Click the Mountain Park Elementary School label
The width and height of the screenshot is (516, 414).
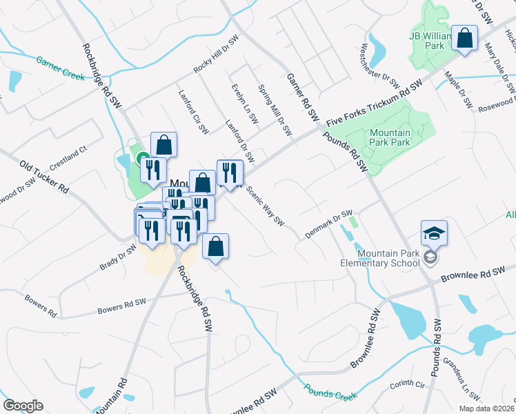pos(380,257)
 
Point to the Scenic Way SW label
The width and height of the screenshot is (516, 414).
pos(265,207)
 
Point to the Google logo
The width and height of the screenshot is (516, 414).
pos(23,406)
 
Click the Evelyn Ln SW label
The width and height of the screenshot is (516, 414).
pos(244,103)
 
